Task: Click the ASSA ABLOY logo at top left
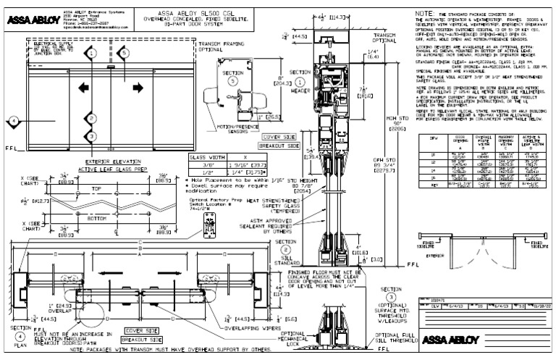click(28, 20)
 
